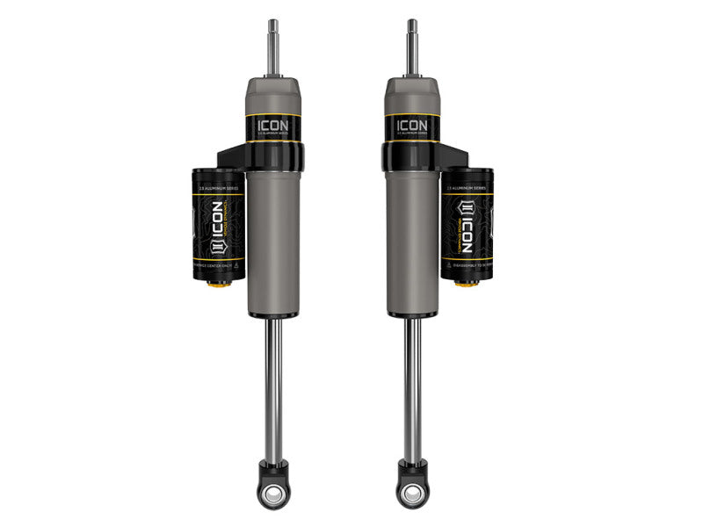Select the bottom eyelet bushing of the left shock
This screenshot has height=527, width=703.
coord(273,493)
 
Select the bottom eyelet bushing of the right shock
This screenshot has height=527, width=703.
coord(411,493)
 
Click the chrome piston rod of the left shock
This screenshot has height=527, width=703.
coord(274,386)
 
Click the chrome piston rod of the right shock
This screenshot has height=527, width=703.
coord(411,386)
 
